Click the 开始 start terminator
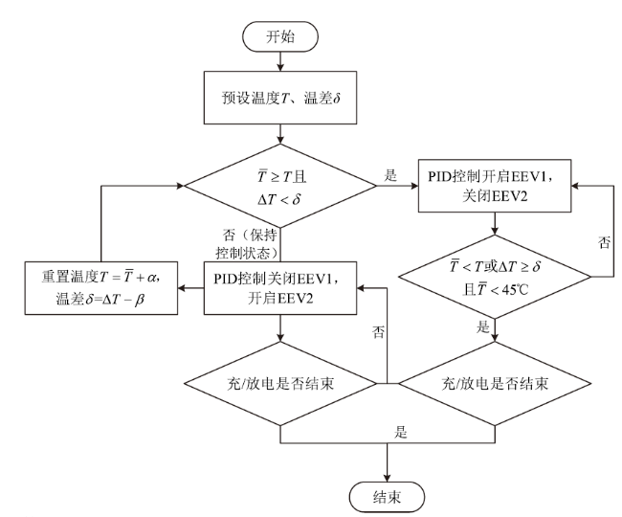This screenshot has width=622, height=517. (280, 36)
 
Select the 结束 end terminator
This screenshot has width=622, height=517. (387, 497)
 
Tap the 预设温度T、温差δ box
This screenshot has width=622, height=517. (280, 98)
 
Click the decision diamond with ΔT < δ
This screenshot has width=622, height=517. (280, 186)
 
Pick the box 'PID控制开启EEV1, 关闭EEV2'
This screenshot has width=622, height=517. (495, 186)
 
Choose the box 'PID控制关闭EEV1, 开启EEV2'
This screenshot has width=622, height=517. (280, 288)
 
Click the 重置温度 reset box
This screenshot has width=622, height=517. (101, 288)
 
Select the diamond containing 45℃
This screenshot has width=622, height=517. (495, 277)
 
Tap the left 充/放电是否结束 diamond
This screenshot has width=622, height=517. (280, 384)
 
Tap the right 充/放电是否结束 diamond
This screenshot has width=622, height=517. (495, 384)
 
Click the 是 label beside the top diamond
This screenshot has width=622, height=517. (390, 175)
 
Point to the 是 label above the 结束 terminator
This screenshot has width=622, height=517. (401, 432)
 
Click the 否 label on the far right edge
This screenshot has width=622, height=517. (604, 242)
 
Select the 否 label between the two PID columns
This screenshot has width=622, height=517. (378, 331)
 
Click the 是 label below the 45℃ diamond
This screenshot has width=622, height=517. (482, 326)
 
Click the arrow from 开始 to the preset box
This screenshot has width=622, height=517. (280, 61)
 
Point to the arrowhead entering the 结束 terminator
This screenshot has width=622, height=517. (387, 478)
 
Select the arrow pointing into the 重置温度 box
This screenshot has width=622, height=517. (190, 288)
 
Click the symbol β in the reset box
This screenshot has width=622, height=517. (139, 300)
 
